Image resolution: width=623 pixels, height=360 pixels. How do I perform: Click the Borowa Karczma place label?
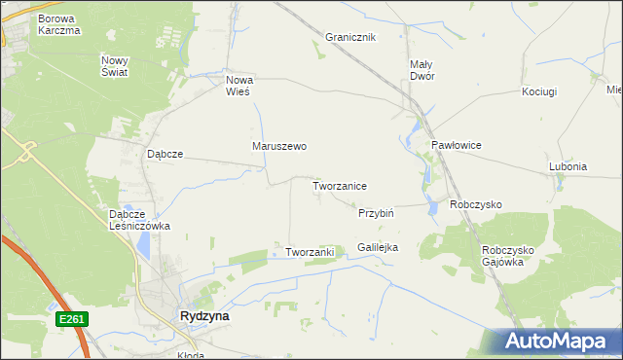[59, 24]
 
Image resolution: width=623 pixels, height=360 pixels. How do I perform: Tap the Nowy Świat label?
[114, 65]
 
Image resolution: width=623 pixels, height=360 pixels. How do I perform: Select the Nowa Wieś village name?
[238, 86]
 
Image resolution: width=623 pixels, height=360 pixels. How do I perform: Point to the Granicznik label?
[350, 37]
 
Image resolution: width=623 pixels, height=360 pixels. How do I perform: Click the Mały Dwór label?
[421, 70]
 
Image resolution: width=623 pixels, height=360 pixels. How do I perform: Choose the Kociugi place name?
[538, 91]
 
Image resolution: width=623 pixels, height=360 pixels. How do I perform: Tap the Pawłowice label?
[457, 145]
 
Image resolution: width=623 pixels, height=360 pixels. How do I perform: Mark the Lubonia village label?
[568, 166]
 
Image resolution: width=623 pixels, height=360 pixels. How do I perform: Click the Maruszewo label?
[279, 147]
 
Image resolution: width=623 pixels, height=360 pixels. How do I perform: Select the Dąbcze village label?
[165, 154]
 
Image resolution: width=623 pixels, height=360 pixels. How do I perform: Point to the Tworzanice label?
[339, 185]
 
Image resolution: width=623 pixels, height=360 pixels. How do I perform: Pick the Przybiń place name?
[375, 212]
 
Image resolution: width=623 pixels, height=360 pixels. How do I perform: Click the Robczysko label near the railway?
[475, 205]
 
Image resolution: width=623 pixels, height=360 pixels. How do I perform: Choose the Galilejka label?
[378, 248]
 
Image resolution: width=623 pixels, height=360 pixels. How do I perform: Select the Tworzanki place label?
[310, 252]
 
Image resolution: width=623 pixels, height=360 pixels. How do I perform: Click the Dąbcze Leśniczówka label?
[140, 220]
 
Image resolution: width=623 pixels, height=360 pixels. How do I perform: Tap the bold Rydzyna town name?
[205, 316]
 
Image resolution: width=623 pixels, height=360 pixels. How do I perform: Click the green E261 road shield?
[72, 318]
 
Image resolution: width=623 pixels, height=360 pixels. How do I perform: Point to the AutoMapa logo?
[558, 342]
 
